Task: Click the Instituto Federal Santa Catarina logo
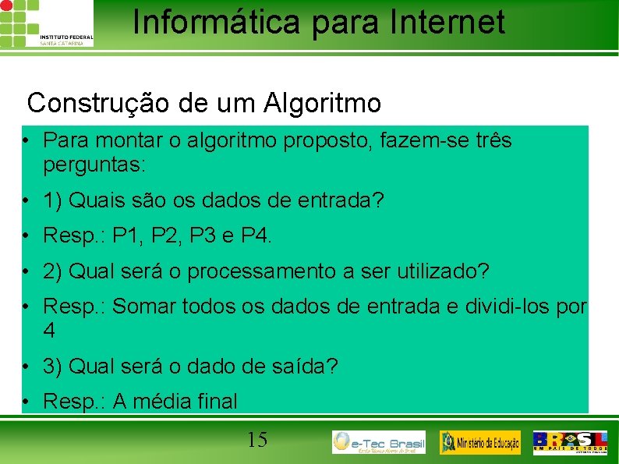(47, 23)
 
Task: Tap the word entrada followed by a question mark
(342, 200)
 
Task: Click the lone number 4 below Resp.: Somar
(50, 331)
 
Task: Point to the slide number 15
(257, 441)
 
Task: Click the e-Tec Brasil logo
(379, 442)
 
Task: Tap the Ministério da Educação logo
(480, 442)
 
